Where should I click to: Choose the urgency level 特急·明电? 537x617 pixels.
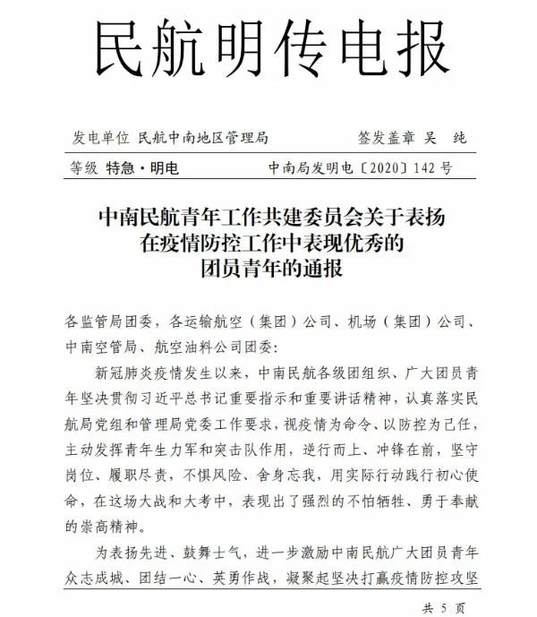(x=142, y=167)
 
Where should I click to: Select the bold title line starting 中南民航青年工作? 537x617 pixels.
(x=268, y=218)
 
